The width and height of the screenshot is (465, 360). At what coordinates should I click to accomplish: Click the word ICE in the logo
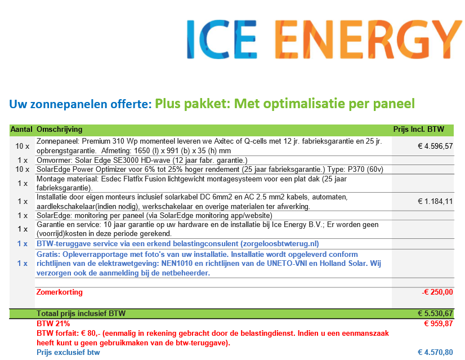[x=222, y=39]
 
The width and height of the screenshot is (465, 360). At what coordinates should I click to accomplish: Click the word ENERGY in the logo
[x=368, y=39]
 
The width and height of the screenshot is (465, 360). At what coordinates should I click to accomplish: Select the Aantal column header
[x=21, y=130]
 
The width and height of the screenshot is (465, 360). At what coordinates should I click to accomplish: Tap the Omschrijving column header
[x=59, y=130]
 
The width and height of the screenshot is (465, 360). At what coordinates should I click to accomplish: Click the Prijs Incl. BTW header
[x=419, y=130]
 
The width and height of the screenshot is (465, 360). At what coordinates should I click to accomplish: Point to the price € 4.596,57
[x=435, y=146]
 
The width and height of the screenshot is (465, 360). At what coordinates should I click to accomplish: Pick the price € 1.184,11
[x=435, y=202]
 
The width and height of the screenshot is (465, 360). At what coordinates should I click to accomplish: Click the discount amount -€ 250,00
[x=437, y=292]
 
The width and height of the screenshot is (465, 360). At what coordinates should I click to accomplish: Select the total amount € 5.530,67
[x=435, y=313]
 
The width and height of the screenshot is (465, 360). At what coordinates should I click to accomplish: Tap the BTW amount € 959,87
[x=439, y=323]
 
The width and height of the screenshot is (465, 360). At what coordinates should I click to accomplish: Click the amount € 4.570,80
[x=435, y=352]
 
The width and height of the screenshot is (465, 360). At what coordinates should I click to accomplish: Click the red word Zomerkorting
[x=59, y=292]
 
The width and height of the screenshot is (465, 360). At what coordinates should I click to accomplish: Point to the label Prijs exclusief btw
[x=68, y=352]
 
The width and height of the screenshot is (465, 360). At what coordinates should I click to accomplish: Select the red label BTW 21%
[x=53, y=323]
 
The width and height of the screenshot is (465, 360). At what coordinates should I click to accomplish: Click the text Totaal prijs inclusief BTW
[x=81, y=313]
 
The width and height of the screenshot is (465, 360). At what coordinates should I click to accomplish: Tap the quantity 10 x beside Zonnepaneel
[x=23, y=146]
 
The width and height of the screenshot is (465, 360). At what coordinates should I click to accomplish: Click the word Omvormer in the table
[x=53, y=161]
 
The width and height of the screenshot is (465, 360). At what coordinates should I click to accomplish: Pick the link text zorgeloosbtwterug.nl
[x=279, y=244]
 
